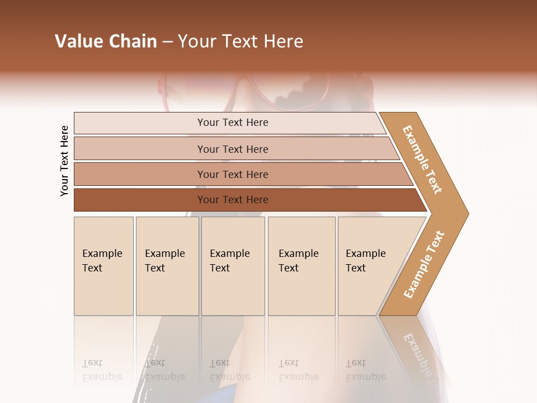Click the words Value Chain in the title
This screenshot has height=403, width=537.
click(x=106, y=41)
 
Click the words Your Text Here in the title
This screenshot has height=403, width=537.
click(x=241, y=41)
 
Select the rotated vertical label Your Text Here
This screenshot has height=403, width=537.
click(x=64, y=161)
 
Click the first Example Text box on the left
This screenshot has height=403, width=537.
click(x=103, y=266)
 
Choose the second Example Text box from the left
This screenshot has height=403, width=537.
click(x=167, y=266)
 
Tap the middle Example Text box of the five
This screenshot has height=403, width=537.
click(x=233, y=266)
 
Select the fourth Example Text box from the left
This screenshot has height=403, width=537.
click(x=301, y=266)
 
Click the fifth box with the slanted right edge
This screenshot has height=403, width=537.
click(x=369, y=266)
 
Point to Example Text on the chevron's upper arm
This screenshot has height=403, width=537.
click(x=422, y=160)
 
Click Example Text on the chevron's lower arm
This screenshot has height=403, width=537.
click(x=424, y=264)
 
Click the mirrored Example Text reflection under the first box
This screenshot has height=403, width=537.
click(x=102, y=371)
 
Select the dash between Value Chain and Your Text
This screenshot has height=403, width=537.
click(x=167, y=42)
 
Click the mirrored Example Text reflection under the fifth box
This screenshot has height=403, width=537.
click(x=365, y=371)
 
